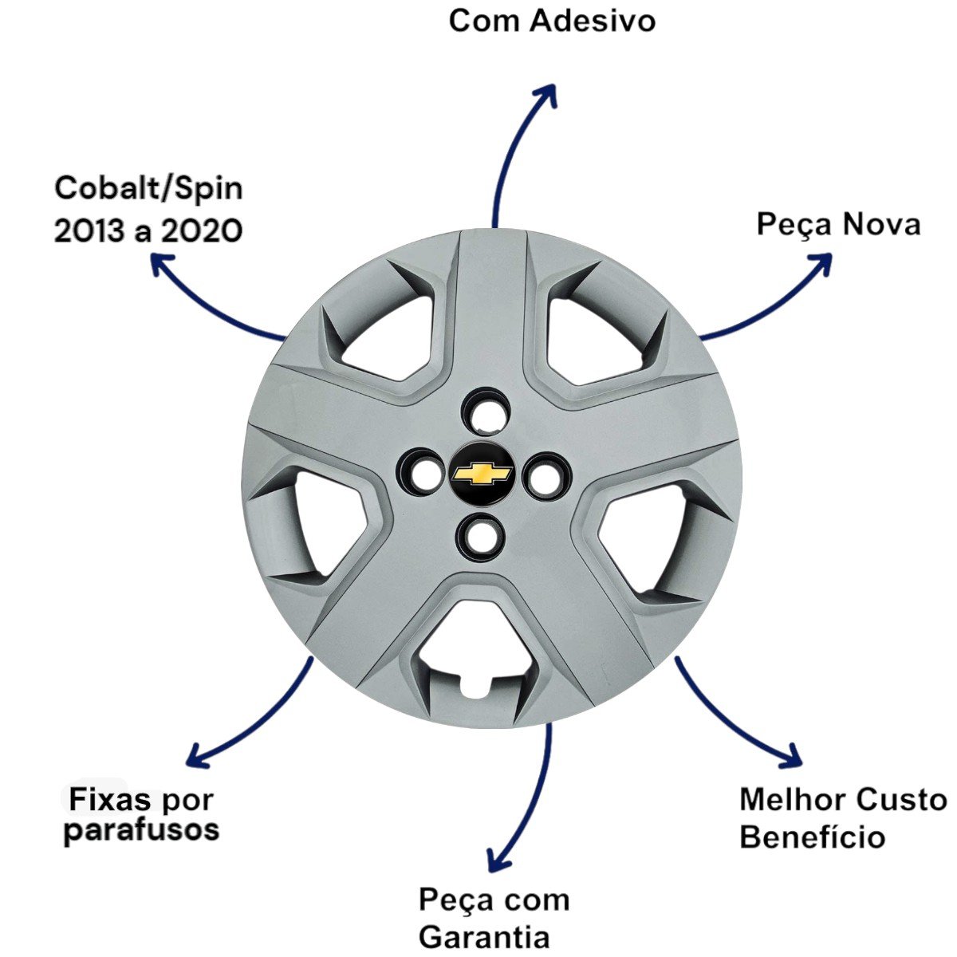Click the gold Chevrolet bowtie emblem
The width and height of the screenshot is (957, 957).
482,475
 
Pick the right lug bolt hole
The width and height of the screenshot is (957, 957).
545,476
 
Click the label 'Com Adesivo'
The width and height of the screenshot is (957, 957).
552,21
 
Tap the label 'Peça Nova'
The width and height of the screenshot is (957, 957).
838,224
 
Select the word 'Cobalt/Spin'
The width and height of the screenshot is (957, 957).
149,190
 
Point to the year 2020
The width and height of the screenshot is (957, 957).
202,231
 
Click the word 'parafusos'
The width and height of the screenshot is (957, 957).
141,829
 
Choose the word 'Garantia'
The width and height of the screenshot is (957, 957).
484,936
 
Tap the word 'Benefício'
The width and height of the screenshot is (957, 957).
812,837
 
